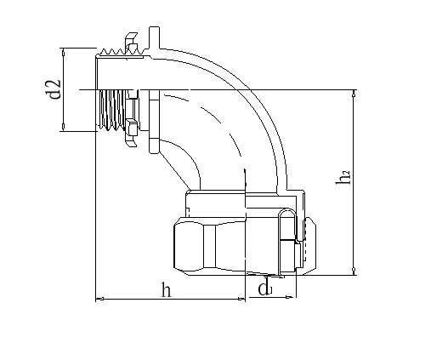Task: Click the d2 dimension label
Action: pos(54,89)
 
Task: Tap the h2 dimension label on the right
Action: pos(344,178)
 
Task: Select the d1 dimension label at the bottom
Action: pos(265,289)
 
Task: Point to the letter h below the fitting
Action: pos(167,289)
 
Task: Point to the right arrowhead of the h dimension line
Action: pos(245,299)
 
